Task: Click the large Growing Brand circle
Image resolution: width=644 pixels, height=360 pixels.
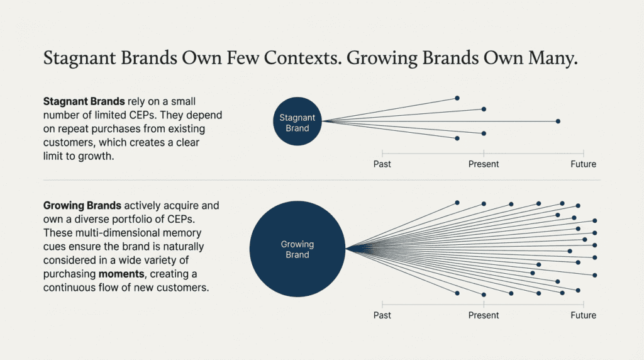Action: [297, 249]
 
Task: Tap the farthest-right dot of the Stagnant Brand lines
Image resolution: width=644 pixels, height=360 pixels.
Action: [558, 121]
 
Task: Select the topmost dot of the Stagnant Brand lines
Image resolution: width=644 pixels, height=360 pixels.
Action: [457, 98]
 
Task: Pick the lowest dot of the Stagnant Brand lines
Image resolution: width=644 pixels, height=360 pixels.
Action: [457, 138]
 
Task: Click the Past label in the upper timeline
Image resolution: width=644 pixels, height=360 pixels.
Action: [382, 164]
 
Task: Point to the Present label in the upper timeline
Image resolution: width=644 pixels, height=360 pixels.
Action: [484, 164]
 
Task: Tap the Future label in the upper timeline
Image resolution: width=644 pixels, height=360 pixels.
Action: [584, 164]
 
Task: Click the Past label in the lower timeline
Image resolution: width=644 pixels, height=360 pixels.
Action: [382, 315]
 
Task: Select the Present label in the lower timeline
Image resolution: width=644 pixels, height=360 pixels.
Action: [484, 315]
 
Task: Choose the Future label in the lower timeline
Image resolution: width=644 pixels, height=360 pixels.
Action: [584, 315]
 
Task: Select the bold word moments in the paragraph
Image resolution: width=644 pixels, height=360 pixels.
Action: [121, 274]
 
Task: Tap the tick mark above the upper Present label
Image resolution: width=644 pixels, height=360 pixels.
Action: [484, 152]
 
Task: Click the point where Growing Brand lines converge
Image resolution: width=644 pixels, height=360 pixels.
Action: [347, 249]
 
